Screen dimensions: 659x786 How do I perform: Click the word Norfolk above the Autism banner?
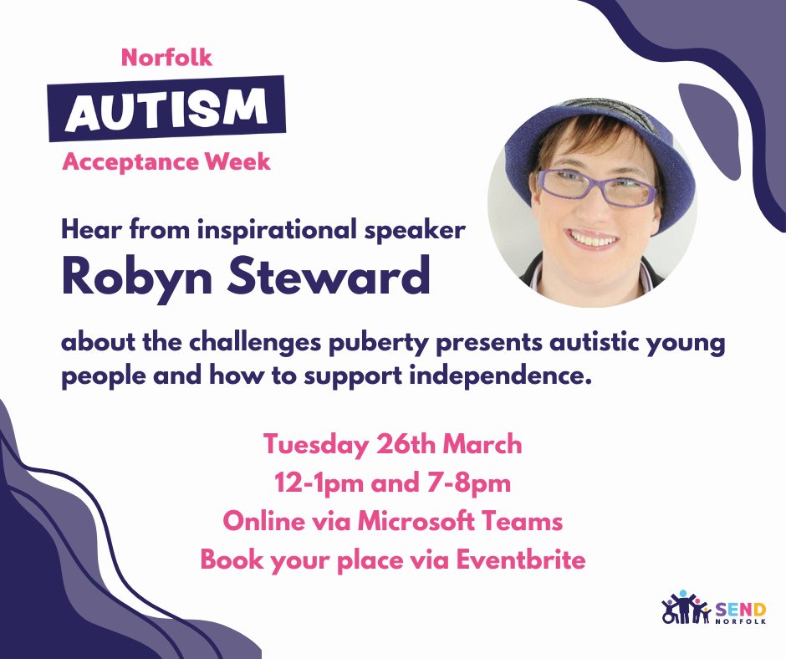click(167, 58)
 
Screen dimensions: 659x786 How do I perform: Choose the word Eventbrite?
click(521, 560)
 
